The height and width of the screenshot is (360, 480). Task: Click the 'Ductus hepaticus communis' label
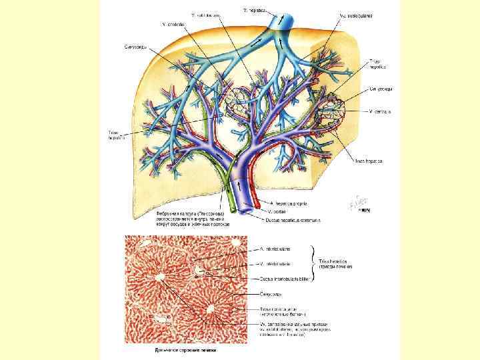293,218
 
